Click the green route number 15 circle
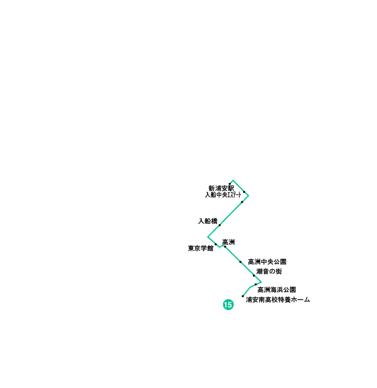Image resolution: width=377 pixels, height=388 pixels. click(228, 305)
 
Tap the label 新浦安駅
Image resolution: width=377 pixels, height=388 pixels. click(221, 188)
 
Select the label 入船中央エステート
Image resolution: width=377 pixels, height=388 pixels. click(223, 195)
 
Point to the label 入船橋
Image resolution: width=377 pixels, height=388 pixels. click(208, 221)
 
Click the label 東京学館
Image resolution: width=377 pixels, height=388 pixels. click(201, 249)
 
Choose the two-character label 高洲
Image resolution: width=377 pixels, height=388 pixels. click(229, 242)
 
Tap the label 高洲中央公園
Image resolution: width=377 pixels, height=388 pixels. click(267, 262)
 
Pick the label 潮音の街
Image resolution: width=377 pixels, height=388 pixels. click(269, 271)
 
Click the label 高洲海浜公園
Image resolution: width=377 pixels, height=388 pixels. click(276, 290)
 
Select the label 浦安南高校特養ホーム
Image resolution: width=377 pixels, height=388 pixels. click(278, 300)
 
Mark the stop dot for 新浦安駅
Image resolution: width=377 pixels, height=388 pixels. click(230, 184)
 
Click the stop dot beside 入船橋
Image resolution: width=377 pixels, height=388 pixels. click(219, 225)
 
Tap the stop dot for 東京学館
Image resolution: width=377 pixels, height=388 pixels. click(216, 244)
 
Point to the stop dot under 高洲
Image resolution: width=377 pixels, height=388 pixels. click(225, 246)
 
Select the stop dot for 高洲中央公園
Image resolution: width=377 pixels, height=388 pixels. click(240, 262)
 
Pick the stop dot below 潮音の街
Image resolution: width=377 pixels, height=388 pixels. click(254, 276)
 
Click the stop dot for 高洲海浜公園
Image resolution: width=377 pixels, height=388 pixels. click(255, 285)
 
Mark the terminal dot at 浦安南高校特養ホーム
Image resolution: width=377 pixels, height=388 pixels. click(243, 295)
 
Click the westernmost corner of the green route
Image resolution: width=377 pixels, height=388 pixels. click(208, 236)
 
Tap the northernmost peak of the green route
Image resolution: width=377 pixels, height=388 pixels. click(232, 180)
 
